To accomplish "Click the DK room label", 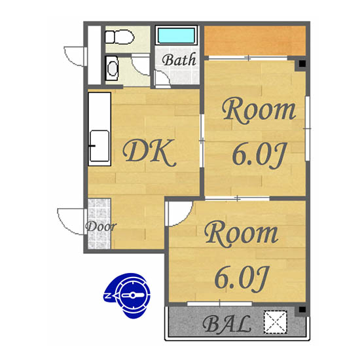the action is [149, 153].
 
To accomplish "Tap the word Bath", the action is [179, 60].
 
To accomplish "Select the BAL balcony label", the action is [226, 324].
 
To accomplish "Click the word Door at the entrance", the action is [101, 226].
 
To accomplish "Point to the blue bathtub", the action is [176, 35].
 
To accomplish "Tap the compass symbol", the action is [127, 295].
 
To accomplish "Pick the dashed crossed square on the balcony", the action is [276, 322].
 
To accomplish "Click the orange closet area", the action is [255, 41].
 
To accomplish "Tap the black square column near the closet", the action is [302, 63].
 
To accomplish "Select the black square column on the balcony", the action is [302, 310].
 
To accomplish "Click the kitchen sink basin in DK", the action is [99, 146].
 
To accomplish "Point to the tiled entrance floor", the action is [99, 224].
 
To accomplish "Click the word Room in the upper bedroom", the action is [259, 111].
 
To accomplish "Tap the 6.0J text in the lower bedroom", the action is [242, 279].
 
